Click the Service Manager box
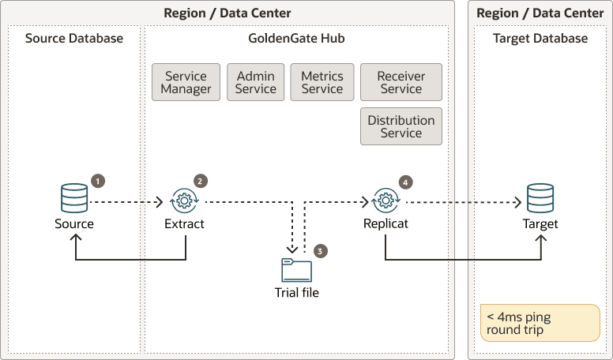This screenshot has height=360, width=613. coord(186,83)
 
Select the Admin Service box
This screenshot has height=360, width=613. coord(256,83)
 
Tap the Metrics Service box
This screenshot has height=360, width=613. coord(322,83)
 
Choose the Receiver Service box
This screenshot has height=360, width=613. coord(401,83)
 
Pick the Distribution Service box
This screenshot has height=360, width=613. coord(401,126)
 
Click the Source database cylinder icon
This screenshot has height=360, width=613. coord(74,197)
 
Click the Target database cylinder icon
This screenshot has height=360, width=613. coord(540,197)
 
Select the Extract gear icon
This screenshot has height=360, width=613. coord(184,201)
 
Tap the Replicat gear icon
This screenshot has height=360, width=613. coord(385,201)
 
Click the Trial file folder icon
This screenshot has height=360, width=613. coord(297,270)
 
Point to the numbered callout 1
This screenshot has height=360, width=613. coord(97,181)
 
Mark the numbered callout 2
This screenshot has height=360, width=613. coord(201,181)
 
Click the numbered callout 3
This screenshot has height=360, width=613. coord(320,251)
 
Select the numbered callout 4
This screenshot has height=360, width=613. coord(406,181)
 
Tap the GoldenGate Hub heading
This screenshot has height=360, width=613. coord(296,39)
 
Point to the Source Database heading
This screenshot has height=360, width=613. coord(74,39)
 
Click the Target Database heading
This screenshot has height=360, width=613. coord(540,39)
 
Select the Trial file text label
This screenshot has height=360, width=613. coord(297,293)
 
